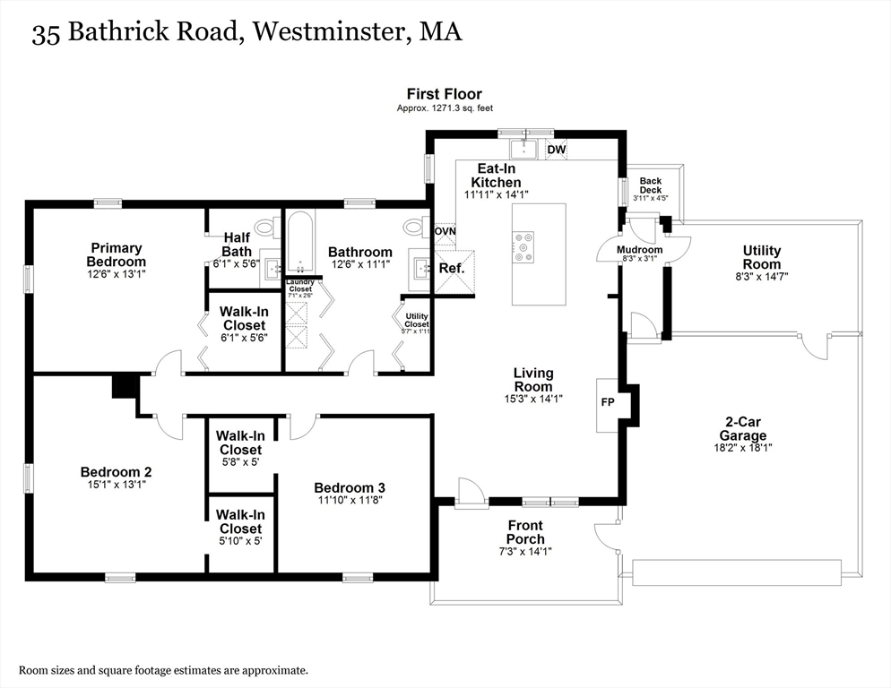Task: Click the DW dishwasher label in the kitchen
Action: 556,150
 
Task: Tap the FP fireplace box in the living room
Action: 607,402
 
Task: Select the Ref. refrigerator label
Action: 451,268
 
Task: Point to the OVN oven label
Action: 445,231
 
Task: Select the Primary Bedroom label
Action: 116,254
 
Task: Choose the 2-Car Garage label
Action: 745,428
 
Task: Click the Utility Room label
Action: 761,257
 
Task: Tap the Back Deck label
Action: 650,185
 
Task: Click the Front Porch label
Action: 524,532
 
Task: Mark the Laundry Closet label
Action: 299,285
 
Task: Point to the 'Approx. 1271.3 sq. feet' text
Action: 444,108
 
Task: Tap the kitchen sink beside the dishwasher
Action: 523,149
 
